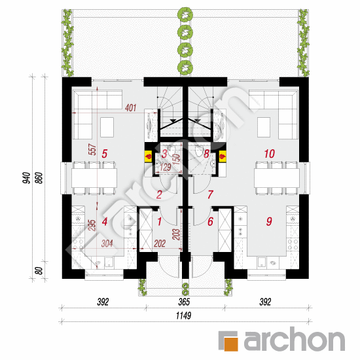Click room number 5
pyautogui.click(x=105, y=154)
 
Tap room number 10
pyautogui.click(x=268, y=154)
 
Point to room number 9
pyautogui.click(x=268, y=221)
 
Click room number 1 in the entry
pyautogui.click(x=158, y=221)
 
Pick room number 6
pyautogui.click(x=210, y=221)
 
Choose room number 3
pyautogui.click(x=164, y=154)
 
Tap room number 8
pyautogui.click(x=206, y=154)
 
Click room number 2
pyautogui.click(x=159, y=194)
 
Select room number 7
pyautogui.click(x=210, y=194)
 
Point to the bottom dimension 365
pyautogui.click(x=184, y=302)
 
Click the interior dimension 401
pyautogui.click(x=130, y=108)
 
